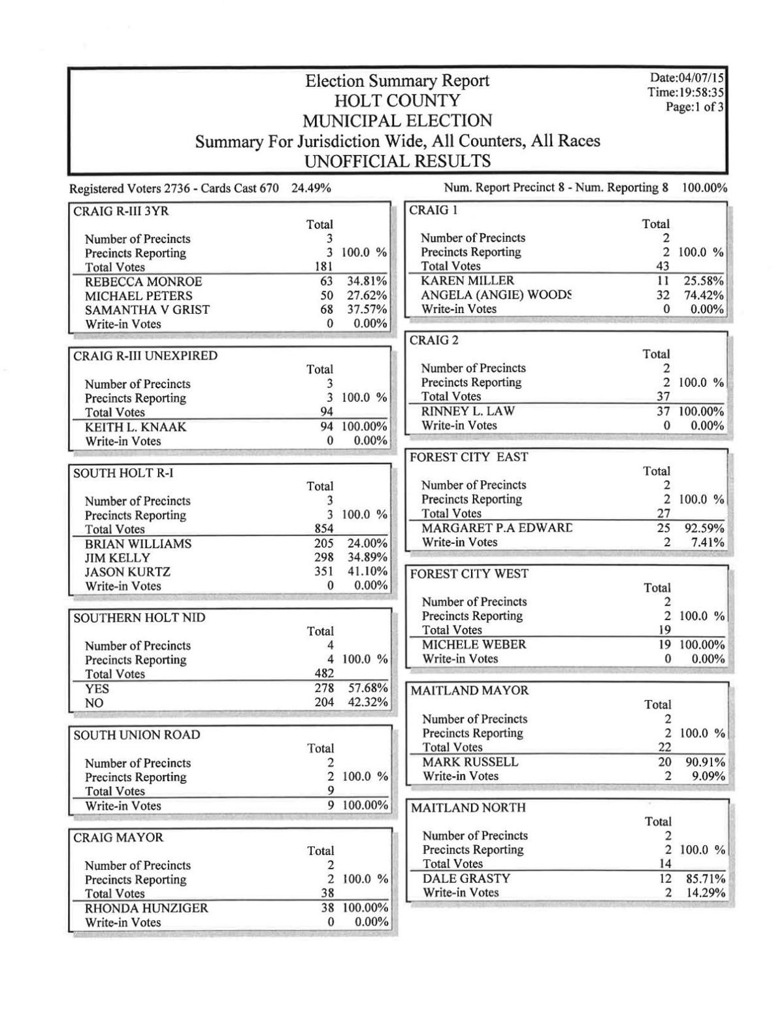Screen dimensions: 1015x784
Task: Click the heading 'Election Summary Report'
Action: tap(397, 81)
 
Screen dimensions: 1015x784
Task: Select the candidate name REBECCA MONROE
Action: tap(143, 282)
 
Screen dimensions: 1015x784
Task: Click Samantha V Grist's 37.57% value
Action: tap(367, 309)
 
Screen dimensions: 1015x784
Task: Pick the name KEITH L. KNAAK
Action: tap(135, 427)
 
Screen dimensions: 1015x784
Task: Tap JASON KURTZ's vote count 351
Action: tap(324, 571)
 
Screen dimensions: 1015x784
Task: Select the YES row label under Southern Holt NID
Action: tap(97, 689)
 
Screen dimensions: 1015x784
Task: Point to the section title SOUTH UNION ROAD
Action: tap(137, 735)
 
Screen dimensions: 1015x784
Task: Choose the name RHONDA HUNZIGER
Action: tap(146, 908)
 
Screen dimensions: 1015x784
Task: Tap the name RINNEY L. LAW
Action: tap(468, 411)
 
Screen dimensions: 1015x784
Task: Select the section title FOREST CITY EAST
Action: tap(468, 457)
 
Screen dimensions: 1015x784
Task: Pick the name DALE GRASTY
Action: tap(466, 878)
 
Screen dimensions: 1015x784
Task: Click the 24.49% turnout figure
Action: tap(311, 189)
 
